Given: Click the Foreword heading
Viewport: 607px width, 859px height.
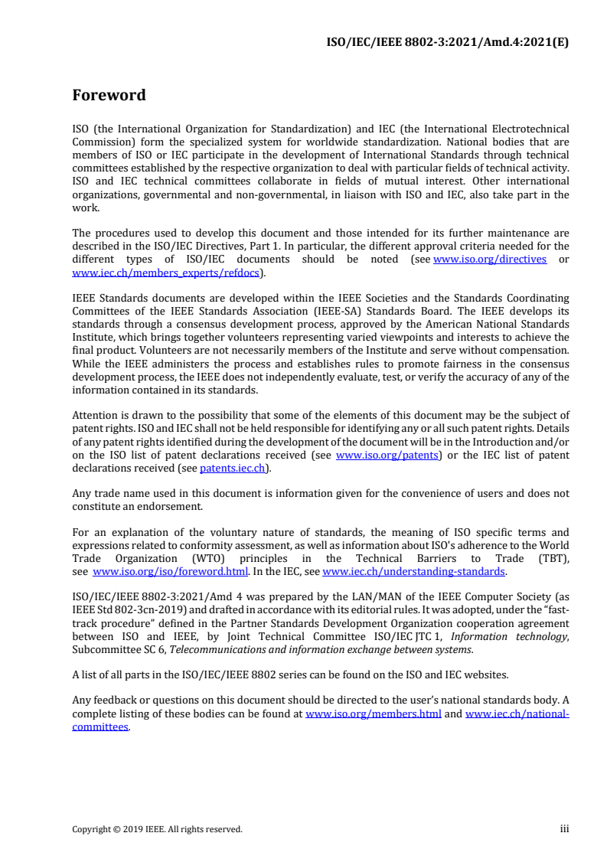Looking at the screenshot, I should tap(109, 96).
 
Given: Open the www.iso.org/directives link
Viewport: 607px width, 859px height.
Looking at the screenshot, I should tap(490, 259).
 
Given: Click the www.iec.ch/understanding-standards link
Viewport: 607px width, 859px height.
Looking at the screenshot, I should tap(414, 571).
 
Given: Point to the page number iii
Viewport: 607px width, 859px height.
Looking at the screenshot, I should tap(564, 828).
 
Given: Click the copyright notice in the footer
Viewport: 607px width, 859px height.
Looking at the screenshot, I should tap(157, 829).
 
